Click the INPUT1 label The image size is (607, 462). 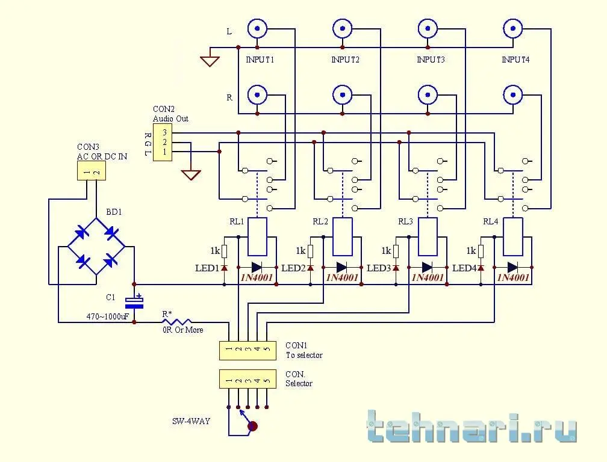point(261,60)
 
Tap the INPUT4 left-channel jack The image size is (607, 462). point(513,28)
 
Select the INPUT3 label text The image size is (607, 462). point(431,60)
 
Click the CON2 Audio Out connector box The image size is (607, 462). point(163,142)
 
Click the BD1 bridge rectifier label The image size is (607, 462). point(114,212)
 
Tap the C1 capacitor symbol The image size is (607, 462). point(134,301)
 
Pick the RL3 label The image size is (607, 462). point(405,221)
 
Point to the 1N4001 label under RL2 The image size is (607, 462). point(342,277)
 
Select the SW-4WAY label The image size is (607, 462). point(191,421)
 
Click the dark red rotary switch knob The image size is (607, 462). point(253,427)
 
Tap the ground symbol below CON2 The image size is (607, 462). point(191,174)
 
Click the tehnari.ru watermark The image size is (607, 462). point(472,428)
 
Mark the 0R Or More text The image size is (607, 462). point(183,330)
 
